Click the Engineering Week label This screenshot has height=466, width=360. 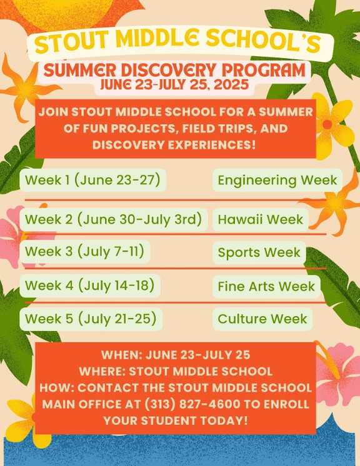[x=277, y=180]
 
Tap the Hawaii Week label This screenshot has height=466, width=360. [x=261, y=220]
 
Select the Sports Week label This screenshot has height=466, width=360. [x=259, y=252]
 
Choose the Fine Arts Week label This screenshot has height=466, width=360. [x=266, y=287]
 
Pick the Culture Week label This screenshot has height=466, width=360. [x=262, y=319]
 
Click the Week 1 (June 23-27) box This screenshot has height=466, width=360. [x=92, y=180]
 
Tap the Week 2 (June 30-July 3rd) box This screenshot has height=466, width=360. [x=114, y=220]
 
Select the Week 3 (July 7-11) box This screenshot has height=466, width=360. [x=85, y=252]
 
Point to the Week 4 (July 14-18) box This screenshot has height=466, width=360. [x=90, y=285]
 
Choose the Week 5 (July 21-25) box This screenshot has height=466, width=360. [x=91, y=319]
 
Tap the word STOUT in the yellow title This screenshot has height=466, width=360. [x=72, y=42]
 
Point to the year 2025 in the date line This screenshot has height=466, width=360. [x=231, y=85]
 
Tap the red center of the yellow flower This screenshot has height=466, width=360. [x=327, y=124]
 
